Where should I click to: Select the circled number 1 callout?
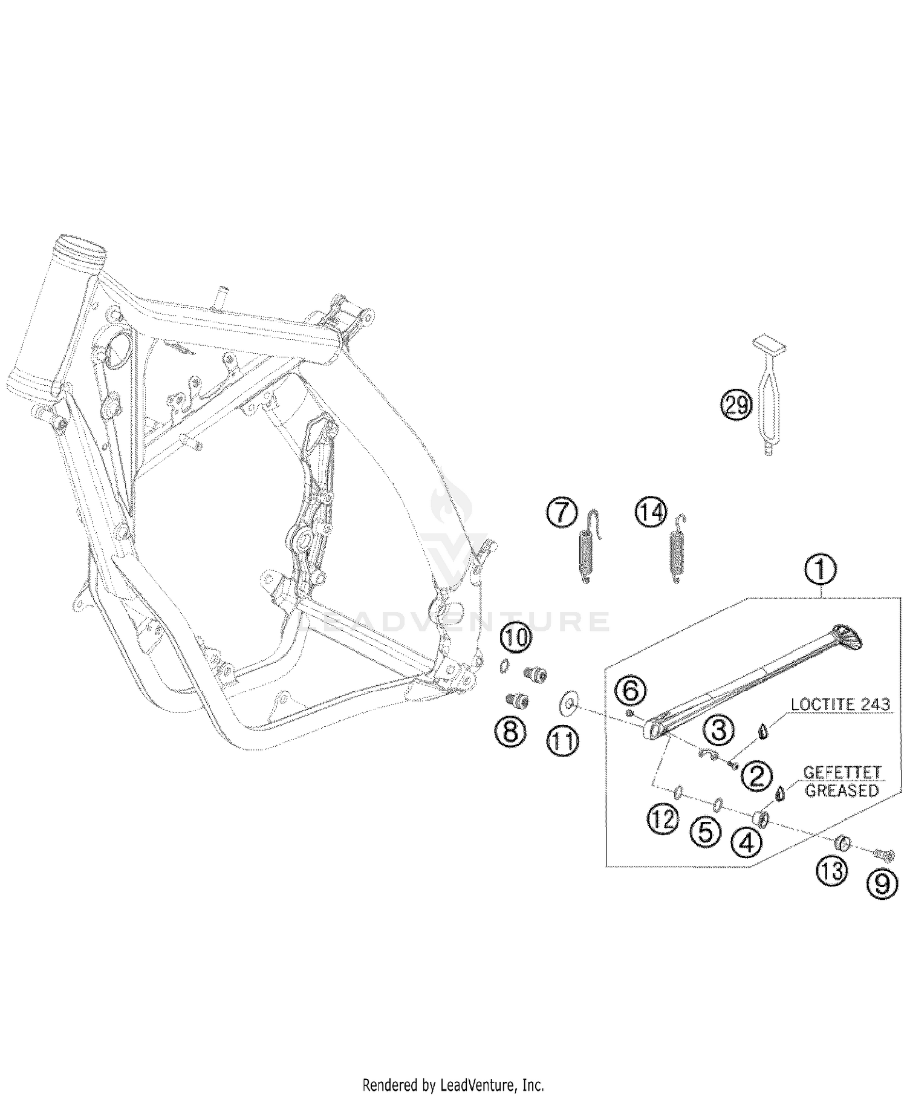(820, 570)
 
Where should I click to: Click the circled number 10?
(515, 637)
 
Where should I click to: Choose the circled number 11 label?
(562, 740)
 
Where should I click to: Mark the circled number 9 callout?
(882, 885)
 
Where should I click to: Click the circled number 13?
(832, 871)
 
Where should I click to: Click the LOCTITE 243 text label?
(840, 704)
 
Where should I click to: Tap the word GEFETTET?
(842, 773)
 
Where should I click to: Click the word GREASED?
(842, 790)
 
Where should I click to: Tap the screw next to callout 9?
(883, 854)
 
